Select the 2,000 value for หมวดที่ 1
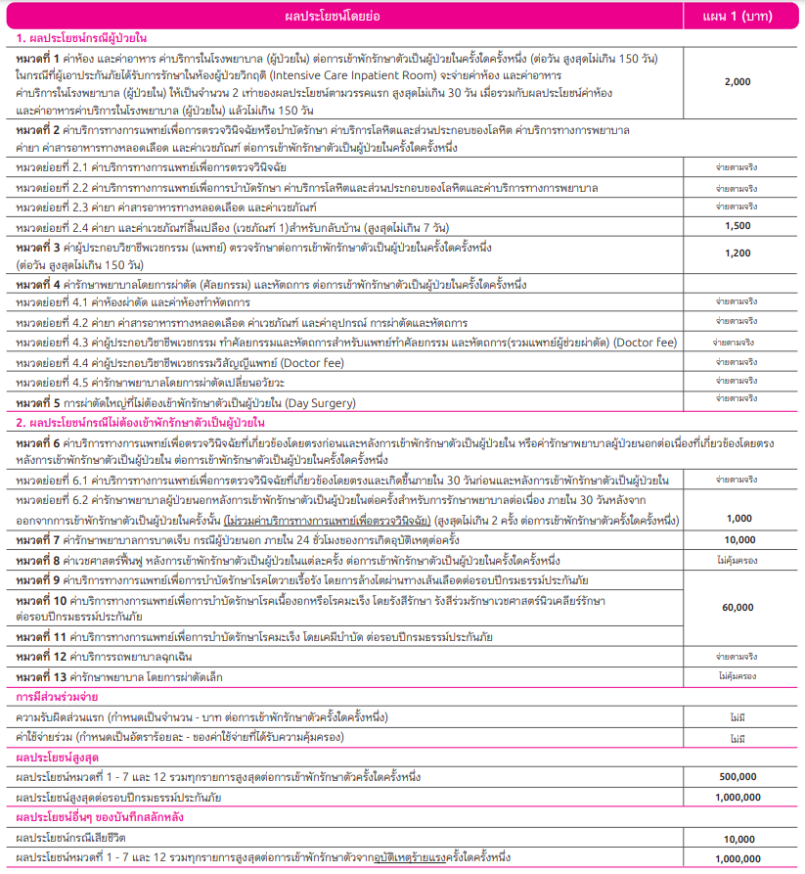pos(738,82)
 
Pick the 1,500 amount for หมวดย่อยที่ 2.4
pos(738,226)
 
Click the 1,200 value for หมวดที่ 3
pos(738,253)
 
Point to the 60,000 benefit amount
pos(738,608)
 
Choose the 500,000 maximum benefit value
pos(738,776)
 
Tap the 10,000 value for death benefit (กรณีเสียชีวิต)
pos(738,839)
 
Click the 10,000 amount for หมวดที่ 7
pos(738,539)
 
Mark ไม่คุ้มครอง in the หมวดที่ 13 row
pos(738,675)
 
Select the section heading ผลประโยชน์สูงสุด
pos(57,757)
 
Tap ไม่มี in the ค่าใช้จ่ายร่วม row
pos(738,736)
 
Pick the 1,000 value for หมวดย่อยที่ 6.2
pos(738,518)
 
